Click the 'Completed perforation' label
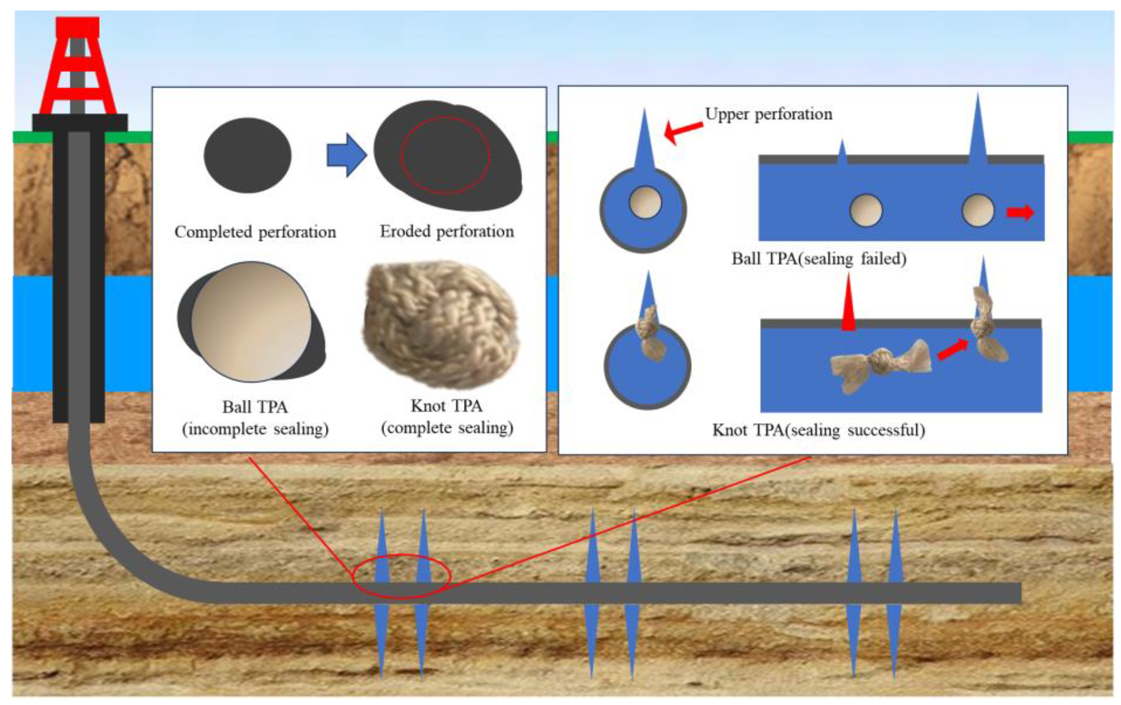[x=255, y=232]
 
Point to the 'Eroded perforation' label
[x=447, y=231]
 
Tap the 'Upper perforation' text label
[x=769, y=114]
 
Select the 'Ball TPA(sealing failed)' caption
[x=819, y=258]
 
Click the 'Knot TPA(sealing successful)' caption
[x=818, y=430]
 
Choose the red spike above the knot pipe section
[x=848, y=304]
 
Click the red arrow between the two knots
[x=952, y=349]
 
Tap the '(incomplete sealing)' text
[x=255, y=429]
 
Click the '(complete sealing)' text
[x=447, y=428]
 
